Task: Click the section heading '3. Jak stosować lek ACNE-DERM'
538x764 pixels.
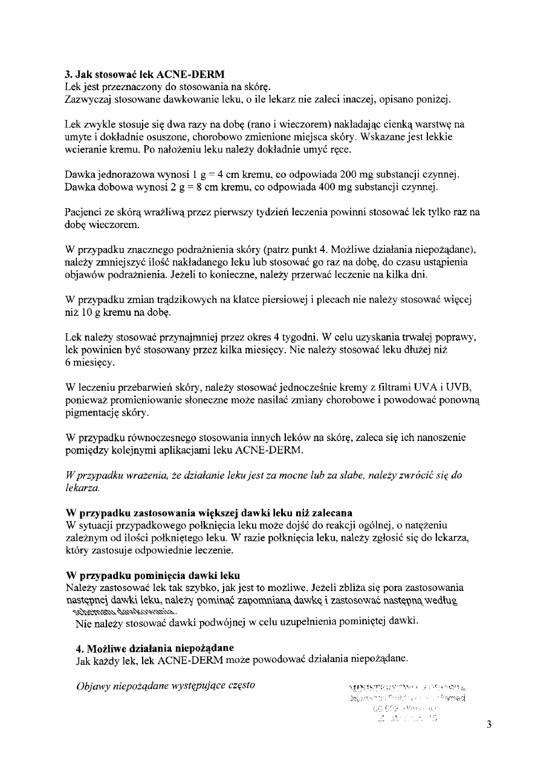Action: point(144,76)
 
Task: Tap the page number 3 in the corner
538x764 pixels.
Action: point(489,726)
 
